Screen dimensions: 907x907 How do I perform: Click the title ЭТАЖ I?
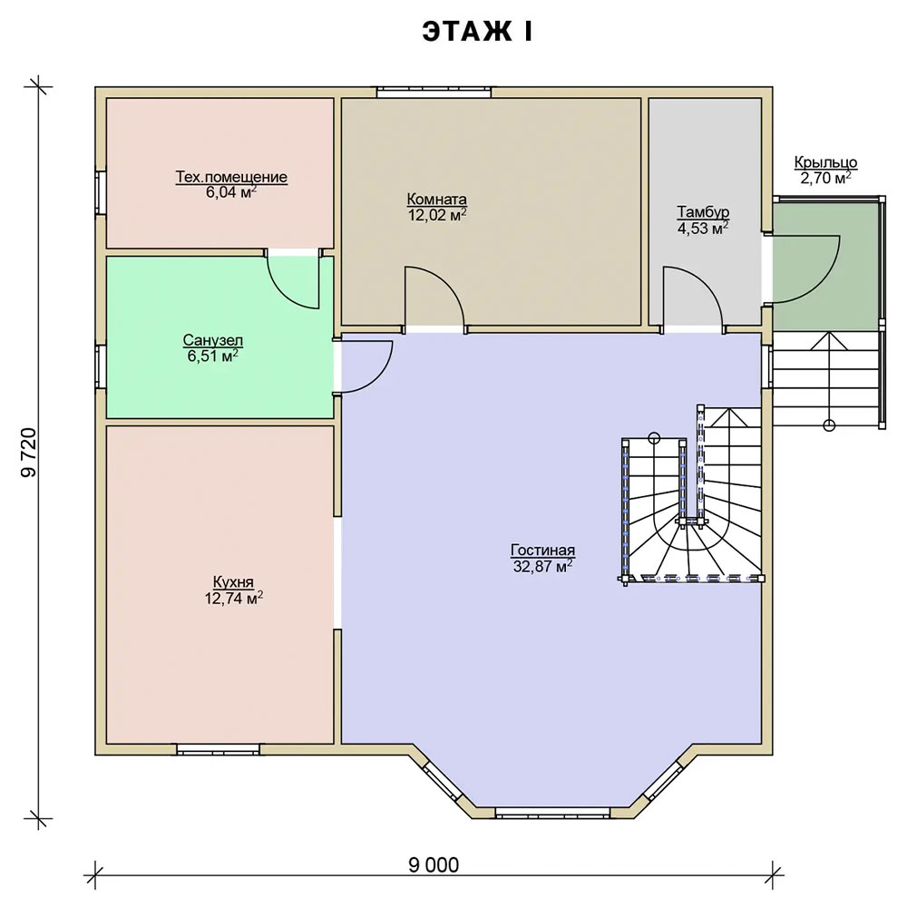(x=477, y=32)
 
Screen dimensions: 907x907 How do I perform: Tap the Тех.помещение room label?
(x=231, y=177)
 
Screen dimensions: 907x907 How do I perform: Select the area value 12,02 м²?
(x=437, y=215)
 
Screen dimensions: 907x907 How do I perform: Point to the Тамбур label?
(x=703, y=211)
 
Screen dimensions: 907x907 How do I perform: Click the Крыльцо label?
(x=825, y=162)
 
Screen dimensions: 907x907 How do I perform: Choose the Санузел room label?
(x=213, y=339)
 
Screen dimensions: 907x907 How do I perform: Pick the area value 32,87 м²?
(x=542, y=566)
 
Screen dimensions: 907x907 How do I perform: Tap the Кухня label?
(x=233, y=582)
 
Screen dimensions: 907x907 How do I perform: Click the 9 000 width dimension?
(x=434, y=865)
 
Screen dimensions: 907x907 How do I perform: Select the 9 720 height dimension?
(x=29, y=453)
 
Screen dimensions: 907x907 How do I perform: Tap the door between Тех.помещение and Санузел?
(x=293, y=278)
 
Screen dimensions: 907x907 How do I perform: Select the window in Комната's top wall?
(x=434, y=92)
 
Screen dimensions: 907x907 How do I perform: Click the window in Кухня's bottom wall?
(x=218, y=750)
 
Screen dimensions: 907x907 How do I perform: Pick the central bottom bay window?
(x=553, y=813)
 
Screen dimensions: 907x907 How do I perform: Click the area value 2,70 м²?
(x=825, y=177)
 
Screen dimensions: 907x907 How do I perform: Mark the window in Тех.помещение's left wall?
(x=101, y=192)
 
